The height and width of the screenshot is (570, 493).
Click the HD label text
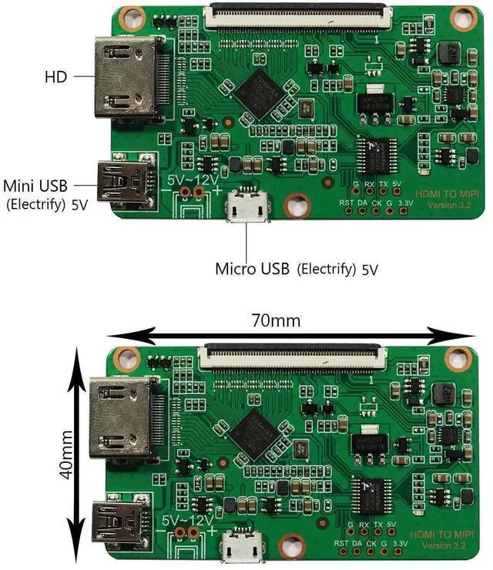point(56,76)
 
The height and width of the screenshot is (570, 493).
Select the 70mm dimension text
point(275,319)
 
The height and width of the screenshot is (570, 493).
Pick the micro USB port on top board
point(247,207)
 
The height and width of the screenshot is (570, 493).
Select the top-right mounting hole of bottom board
point(459,358)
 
